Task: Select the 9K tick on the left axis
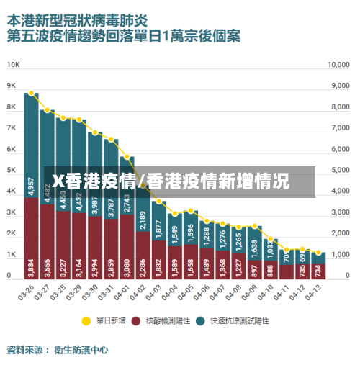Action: [12, 85]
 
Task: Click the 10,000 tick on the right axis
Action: [338, 64]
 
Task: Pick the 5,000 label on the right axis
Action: [338, 170]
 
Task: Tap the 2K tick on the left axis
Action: [12, 233]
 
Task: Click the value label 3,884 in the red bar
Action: [31, 267]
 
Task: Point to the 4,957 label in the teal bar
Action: [31, 185]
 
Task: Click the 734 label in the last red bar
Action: [318, 270]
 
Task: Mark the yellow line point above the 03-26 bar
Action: [31, 93]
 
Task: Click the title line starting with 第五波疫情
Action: [122, 34]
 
